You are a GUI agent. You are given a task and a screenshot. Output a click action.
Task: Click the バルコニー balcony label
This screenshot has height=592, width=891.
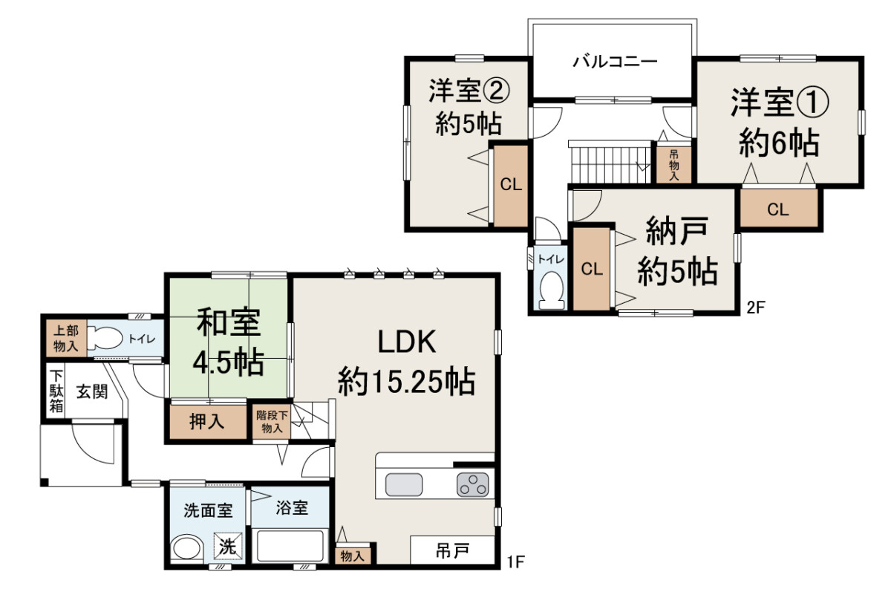click(x=615, y=62)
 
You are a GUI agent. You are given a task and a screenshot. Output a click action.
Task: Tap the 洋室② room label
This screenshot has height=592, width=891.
click(x=469, y=91)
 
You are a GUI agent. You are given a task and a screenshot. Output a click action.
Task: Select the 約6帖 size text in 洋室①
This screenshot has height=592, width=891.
click(x=779, y=142)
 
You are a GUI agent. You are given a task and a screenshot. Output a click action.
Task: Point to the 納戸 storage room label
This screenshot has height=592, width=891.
click(x=677, y=231)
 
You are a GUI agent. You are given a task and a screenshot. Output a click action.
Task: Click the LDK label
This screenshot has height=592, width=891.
click(x=407, y=342)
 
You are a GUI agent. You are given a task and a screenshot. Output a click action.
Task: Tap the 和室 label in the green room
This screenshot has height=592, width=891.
click(x=228, y=322)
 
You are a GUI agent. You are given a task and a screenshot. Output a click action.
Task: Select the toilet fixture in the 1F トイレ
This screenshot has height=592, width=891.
click(x=105, y=338)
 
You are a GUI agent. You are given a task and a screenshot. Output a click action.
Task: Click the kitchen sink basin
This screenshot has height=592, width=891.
click(x=404, y=484)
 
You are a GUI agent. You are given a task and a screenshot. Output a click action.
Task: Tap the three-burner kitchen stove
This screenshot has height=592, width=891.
click(x=472, y=484)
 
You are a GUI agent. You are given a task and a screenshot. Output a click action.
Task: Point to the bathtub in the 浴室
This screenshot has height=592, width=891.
click(x=290, y=545)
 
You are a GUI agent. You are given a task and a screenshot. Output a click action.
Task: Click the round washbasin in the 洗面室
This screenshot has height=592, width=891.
click(x=187, y=549)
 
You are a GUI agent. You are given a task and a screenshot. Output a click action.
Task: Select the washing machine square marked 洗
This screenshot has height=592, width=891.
click(x=228, y=547)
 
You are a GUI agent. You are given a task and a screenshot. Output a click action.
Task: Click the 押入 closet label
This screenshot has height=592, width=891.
click(x=207, y=422)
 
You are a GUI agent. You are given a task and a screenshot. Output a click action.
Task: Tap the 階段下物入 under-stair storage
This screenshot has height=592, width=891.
click(x=272, y=422)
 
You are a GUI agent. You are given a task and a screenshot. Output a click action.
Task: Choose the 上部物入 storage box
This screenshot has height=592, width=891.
click(x=66, y=338)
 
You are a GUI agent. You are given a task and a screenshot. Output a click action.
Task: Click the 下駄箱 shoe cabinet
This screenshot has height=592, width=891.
click(x=56, y=391)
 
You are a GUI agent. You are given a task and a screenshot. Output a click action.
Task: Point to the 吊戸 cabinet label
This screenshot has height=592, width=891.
click(x=452, y=551)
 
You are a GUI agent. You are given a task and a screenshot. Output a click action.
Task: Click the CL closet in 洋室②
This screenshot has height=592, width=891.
click(x=511, y=185)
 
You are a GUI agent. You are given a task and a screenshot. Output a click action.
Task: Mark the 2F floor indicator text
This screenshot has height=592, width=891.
click(x=756, y=308)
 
